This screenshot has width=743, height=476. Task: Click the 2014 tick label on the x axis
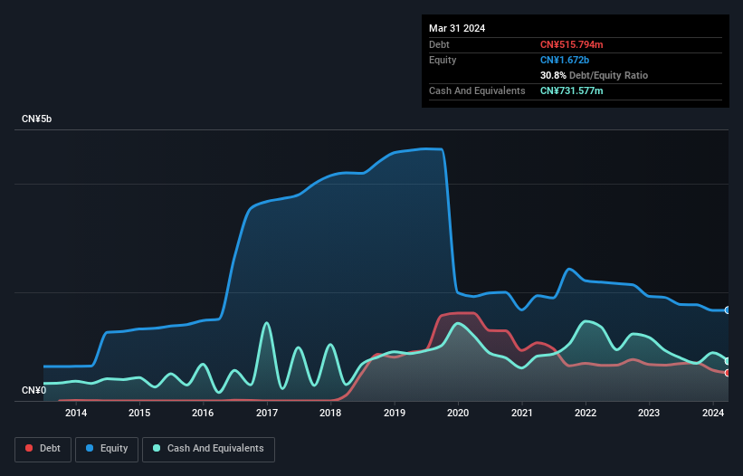point(76,414)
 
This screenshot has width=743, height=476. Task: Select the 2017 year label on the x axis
point(267,414)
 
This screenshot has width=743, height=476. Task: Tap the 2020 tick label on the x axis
point(458,414)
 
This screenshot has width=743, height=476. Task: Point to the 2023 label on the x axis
point(649,414)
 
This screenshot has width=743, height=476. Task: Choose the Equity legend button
point(107,449)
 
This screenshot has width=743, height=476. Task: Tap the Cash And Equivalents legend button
point(208,449)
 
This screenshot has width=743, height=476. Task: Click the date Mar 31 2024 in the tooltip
point(457,28)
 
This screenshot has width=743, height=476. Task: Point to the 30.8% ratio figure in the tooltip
point(553,75)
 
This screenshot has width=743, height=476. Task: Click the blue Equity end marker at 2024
point(728,310)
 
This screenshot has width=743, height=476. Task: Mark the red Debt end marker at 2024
point(728,373)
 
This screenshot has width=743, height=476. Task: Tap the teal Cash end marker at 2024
point(728,360)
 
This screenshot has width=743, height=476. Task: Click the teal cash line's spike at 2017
point(266,323)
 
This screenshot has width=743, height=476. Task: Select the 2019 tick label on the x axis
point(395,414)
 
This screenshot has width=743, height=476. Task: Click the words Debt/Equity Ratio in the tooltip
point(608,75)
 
